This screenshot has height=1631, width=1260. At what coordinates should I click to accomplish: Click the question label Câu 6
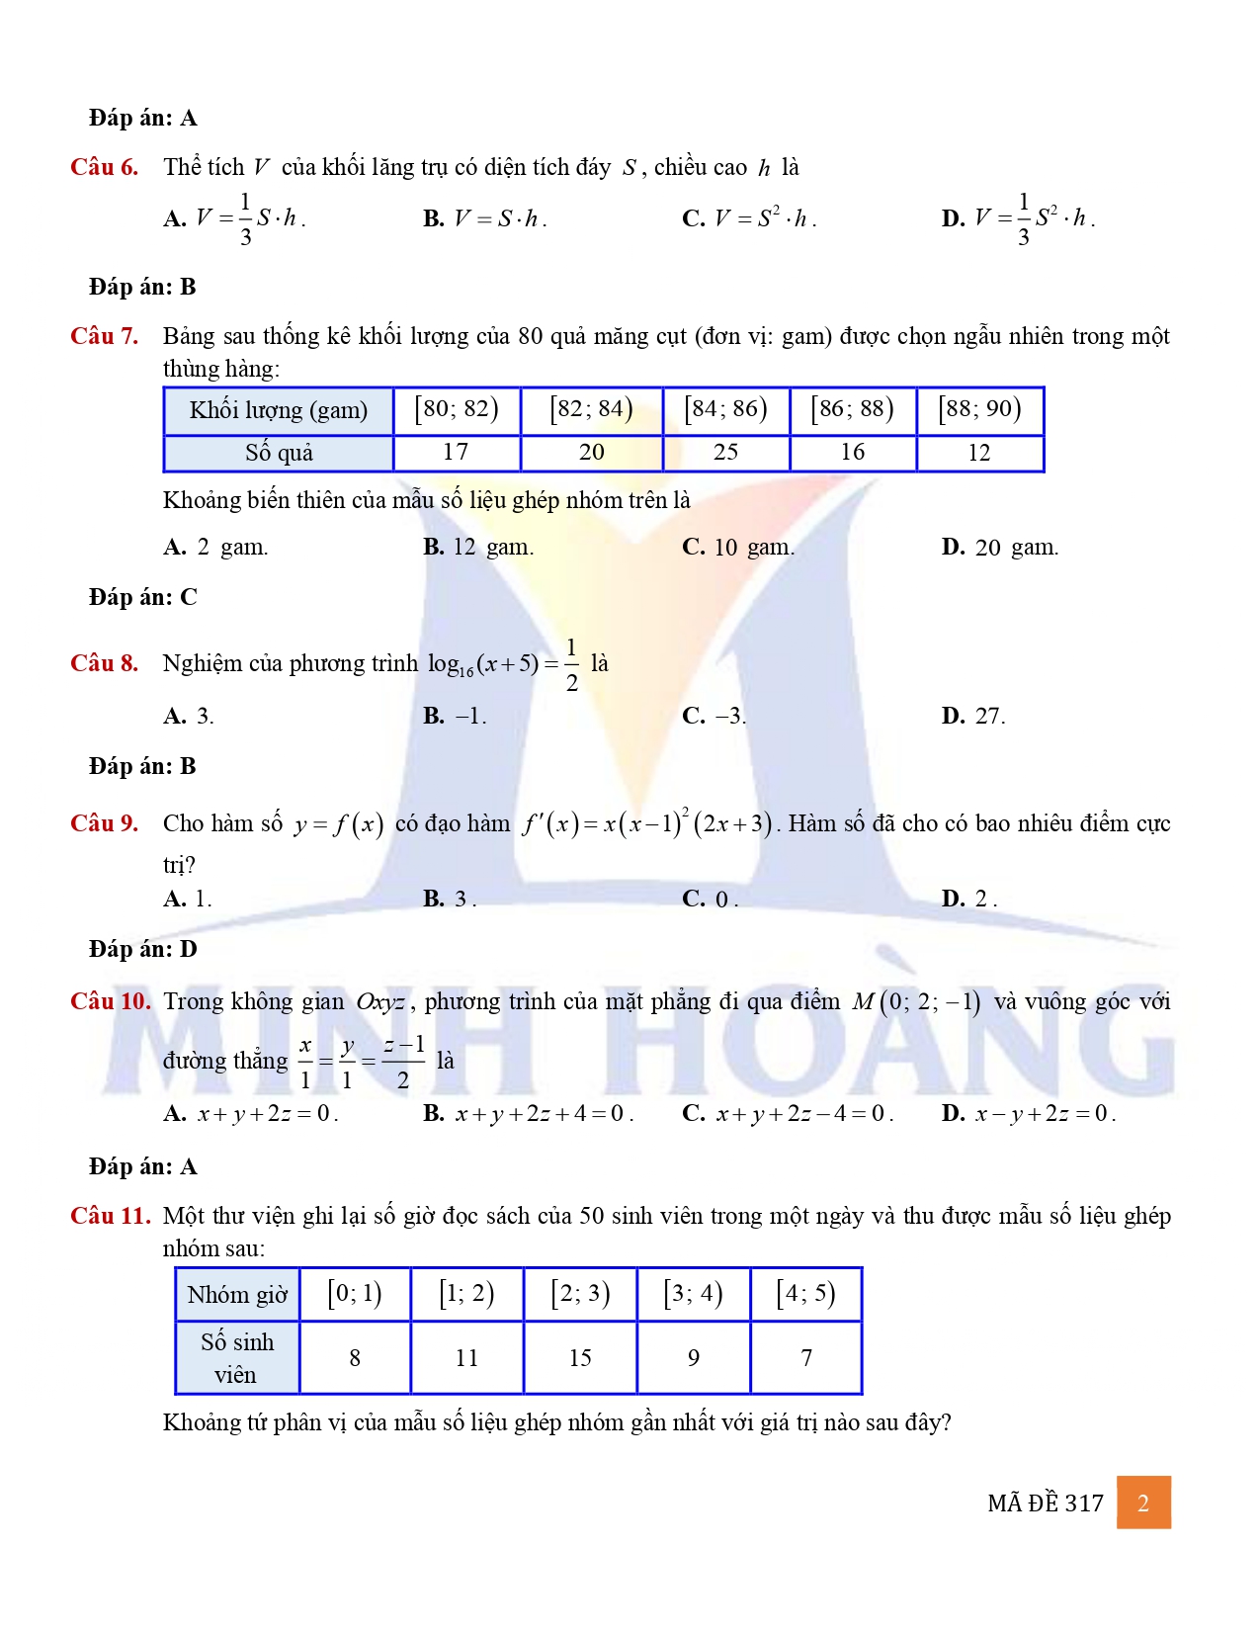click(x=104, y=167)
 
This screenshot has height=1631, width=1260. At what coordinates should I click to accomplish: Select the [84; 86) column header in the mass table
click(x=725, y=409)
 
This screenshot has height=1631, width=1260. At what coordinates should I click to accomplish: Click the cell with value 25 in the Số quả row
click(x=725, y=453)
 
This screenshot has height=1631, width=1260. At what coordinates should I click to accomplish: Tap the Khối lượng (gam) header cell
click(x=278, y=410)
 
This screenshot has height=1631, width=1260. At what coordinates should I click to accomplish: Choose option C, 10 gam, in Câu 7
click(x=738, y=547)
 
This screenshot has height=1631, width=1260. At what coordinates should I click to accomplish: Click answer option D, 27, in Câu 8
click(x=973, y=716)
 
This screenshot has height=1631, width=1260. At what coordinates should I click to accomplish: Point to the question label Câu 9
click(x=104, y=823)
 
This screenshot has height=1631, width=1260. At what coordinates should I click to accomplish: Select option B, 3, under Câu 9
click(x=450, y=899)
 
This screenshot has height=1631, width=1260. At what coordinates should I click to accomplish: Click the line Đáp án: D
click(x=143, y=949)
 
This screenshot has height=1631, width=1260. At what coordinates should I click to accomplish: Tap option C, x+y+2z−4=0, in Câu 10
click(x=788, y=1114)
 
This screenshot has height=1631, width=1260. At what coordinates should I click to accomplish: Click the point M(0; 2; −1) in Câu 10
click(x=916, y=1002)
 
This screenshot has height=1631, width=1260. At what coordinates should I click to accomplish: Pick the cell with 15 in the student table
click(x=580, y=1358)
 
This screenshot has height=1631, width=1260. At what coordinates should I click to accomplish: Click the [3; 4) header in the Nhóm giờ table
click(x=693, y=1294)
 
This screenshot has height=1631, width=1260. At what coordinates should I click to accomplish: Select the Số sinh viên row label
click(x=237, y=1358)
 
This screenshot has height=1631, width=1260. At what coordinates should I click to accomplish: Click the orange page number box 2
click(x=1143, y=1502)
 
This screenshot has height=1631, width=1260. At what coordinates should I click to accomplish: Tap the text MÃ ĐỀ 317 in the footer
click(x=1045, y=1503)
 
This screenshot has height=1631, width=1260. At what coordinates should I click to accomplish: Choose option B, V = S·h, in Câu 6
click(x=485, y=218)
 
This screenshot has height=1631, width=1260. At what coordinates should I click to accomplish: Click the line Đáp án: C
click(x=143, y=597)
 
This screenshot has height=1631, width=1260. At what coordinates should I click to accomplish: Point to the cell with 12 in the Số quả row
click(x=978, y=453)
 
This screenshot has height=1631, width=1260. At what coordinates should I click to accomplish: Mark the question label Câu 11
click(x=110, y=1216)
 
